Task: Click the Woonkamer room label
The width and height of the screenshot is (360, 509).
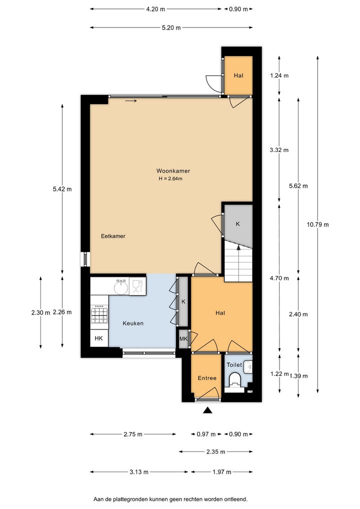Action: pyautogui.click(x=173, y=170)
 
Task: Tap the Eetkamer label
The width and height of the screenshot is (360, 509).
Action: pyautogui.click(x=113, y=236)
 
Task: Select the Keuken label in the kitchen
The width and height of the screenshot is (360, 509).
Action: pyautogui.click(x=133, y=323)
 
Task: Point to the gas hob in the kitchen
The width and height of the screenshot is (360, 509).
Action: pyautogui.click(x=99, y=314)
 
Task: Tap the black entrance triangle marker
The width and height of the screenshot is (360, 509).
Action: pyautogui.click(x=207, y=410)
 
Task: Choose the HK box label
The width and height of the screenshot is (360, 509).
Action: pyautogui.click(x=98, y=338)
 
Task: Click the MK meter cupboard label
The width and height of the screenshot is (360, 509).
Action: pyautogui.click(x=183, y=339)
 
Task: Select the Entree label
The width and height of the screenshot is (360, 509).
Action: pyautogui.click(x=207, y=378)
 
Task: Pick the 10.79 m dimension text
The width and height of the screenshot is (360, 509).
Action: pyautogui.click(x=317, y=224)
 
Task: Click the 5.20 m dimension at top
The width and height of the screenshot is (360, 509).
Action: pyautogui.click(x=171, y=27)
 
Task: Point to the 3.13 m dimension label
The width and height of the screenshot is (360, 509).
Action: pyautogui.click(x=139, y=471)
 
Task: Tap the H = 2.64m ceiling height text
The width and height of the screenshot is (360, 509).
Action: pyautogui.click(x=170, y=178)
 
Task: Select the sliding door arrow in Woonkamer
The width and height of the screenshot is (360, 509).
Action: pyautogui.click(x=131, y=100)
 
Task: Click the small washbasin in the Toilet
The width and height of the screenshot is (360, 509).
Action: pyautogui.click(x=248, y=367)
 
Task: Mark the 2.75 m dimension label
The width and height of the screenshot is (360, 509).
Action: pyautogui.click(x=133, y=434)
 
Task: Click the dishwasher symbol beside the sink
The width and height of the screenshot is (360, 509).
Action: pyautogui.click(x=137, y=286)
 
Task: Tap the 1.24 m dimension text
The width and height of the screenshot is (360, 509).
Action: pyautogui.click(x=279, y=75)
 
